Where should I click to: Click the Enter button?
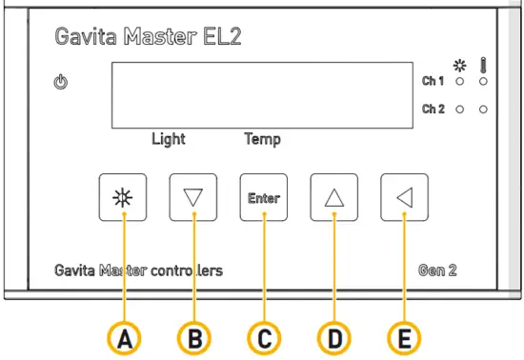(x=264, y=198)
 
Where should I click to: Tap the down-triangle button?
(x=193, y=198)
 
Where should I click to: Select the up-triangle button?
(x=333, y=198)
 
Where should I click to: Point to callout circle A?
(x=124, y=338)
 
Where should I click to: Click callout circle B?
(x=193, y=338)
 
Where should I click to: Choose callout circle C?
(x=264, y=338)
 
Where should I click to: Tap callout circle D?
(x=333, y=338)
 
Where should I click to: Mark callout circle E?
(x=403, y=338)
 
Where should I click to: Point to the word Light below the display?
(x=169, y=139)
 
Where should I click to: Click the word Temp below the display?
(x=262, y=139)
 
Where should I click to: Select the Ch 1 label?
(x=433, y=82)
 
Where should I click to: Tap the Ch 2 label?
(x=433, y=110)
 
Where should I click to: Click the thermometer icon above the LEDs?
(x=484, y=65)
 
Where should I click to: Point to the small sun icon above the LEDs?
(x=460, y=66)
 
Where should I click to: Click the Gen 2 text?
(x=438, y=270)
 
